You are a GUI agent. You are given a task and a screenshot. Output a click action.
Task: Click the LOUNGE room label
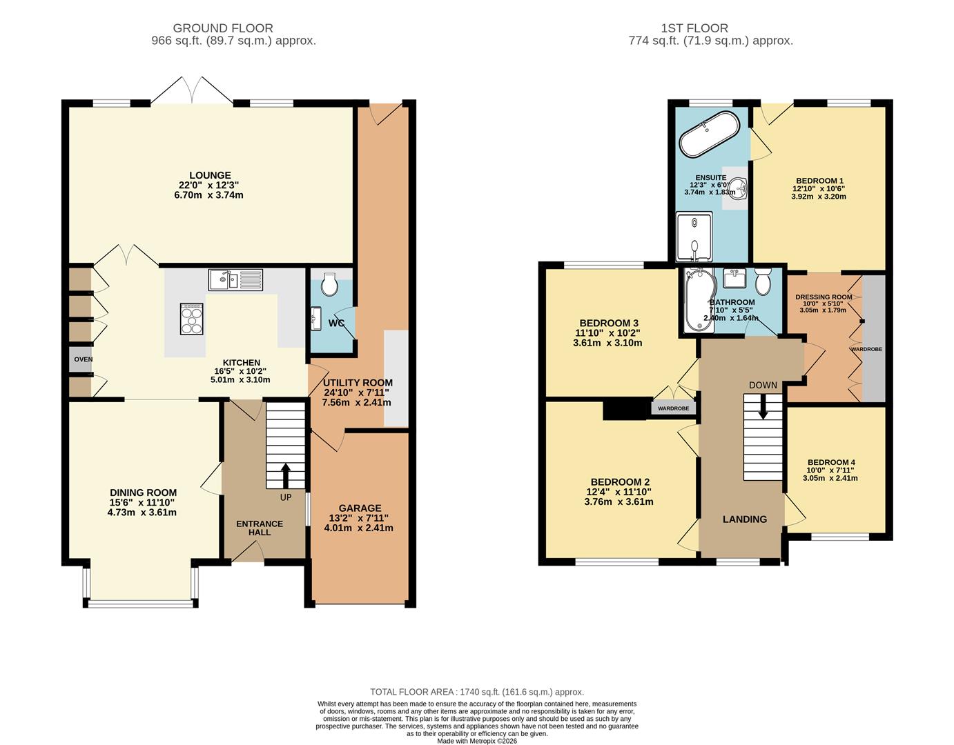(211, 176)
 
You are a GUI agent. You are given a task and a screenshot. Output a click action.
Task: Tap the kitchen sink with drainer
(235, 279)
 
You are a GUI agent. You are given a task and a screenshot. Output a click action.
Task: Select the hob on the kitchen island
(192, 319)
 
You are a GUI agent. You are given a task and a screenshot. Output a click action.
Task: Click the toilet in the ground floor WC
(329, 284)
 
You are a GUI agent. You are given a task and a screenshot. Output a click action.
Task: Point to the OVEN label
(83, 359)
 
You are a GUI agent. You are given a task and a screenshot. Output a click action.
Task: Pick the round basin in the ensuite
(739, 186)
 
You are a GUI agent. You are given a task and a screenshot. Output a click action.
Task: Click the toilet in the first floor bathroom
(762, 281)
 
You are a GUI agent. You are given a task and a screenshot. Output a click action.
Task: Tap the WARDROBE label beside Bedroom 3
(674, 408)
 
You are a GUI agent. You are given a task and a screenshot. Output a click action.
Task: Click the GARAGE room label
(360, 508)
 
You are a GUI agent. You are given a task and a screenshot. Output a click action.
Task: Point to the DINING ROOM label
(143, 493)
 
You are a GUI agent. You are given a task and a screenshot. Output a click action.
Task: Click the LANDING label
(744, 519)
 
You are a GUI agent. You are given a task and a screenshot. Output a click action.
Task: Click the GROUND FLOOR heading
(223, 28)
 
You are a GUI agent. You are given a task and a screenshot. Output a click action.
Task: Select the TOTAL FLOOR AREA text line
(476, 692)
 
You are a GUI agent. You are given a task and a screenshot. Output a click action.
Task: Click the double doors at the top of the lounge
(192, 91)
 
